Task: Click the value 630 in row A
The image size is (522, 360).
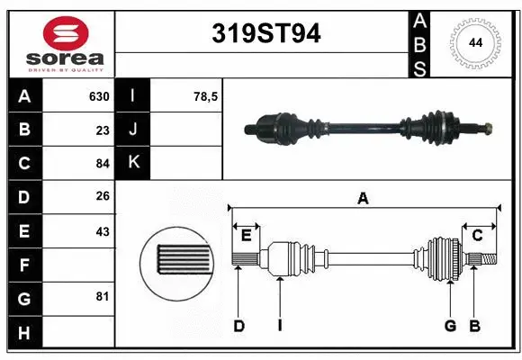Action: [99, 96]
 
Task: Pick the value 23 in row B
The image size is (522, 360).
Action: [103, 130]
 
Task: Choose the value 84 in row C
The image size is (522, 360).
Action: [103, 163]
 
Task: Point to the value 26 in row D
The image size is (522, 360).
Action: [103, 196]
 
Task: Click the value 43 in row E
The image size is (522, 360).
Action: [103, 231]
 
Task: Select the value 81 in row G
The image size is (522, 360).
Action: [103, 296]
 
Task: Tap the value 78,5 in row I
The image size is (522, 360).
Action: [206, 96]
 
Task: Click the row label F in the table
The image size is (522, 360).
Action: [24, 265]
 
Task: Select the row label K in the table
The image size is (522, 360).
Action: [133, 163]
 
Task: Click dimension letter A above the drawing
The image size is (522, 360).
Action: [364, 198]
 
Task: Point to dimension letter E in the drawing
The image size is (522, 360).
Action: [246, 236]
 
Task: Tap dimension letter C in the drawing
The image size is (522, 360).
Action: [478, 236]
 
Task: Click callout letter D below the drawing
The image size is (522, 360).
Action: [238, 326]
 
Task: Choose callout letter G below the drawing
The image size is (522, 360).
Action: [450, 326]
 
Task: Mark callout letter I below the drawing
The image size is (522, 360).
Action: [280, 326]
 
